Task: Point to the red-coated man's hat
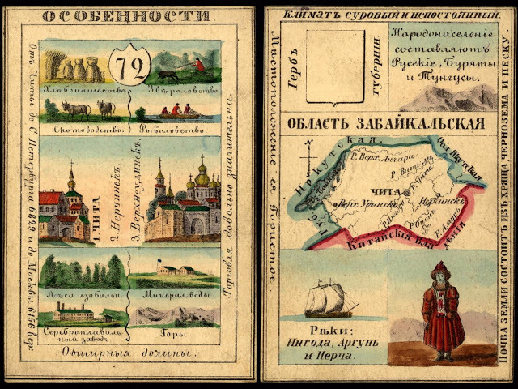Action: (441, 267)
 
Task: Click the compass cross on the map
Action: (306, 154)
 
